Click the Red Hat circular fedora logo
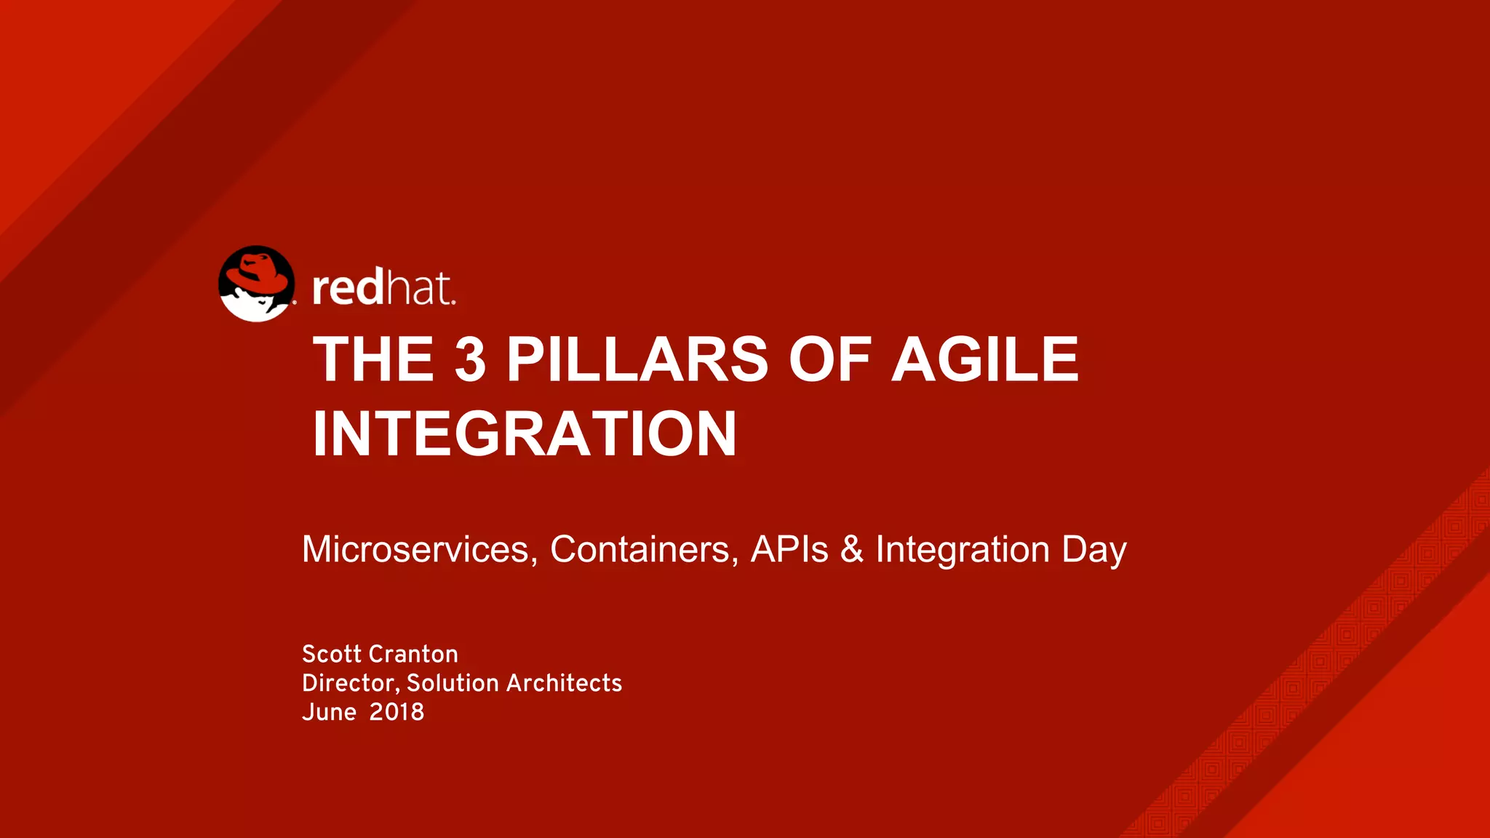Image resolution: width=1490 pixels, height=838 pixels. point(257,284)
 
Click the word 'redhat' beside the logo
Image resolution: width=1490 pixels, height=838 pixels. point(383,288)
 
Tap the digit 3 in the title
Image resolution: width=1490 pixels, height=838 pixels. point(470,359)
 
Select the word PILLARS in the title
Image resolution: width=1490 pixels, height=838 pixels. point(637,359)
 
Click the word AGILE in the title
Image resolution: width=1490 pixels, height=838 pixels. point(985,359)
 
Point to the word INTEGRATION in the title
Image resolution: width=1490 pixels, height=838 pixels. point(525,434)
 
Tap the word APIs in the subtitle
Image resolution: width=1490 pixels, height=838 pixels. point(789,549)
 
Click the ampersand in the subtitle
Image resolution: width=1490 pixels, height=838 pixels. point(851,550)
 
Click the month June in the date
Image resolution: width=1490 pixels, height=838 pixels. point(329,712)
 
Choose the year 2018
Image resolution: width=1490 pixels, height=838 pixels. point(397,712)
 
